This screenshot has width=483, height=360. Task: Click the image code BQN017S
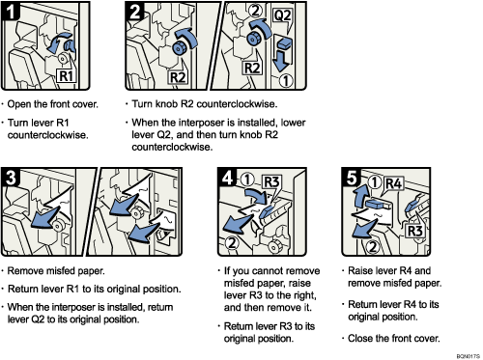pos(461,353)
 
